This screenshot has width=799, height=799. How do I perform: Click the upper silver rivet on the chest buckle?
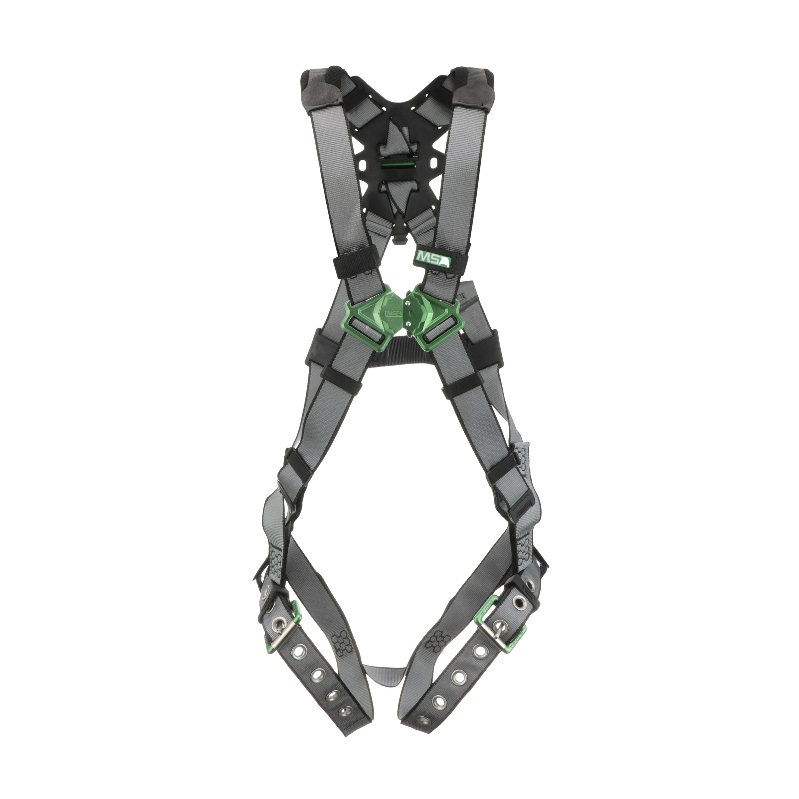(x=408, y=304)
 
